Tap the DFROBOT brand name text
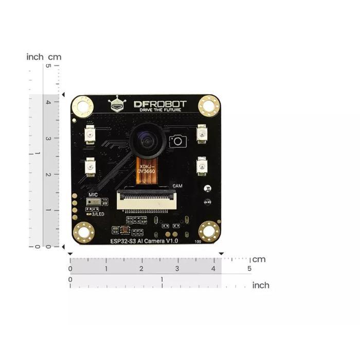(x=160, y=104)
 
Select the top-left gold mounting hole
(x=82, y=106)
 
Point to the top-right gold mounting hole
(x=209, y=106)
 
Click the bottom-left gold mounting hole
(x=82, y=232)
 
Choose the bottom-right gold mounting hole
(x=209, y=232)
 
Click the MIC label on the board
(x=93, y=195)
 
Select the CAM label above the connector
(x=177, y=186)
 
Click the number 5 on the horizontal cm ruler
(x=249, y=268)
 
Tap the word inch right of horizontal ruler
(x=261, y=285)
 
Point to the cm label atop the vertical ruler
(x=55, y=57)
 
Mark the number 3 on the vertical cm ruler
(x=48, y=138)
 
